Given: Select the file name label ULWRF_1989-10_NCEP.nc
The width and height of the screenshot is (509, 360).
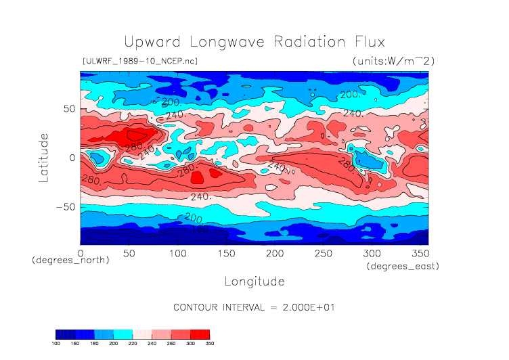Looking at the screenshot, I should point(139,62).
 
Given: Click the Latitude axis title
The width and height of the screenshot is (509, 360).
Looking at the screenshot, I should point(44,158).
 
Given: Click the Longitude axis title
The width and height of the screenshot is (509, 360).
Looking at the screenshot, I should point(254,281).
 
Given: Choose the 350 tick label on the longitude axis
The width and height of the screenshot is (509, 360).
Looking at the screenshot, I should point(420,252).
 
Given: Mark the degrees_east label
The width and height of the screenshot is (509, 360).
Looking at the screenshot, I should point(403,267).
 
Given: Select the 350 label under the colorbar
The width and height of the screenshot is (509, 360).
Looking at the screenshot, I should point(209,344).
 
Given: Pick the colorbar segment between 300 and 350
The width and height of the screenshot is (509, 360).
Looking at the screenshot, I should point(200,334).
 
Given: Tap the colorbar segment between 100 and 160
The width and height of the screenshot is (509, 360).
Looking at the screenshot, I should point(66,334).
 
